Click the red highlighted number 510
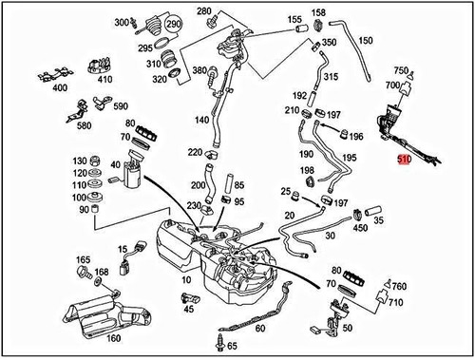pyautogui.click(x=404, y=161)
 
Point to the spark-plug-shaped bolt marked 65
pyautogui.click(x=224, y=341)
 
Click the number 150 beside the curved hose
pyautogui.click(x=366, y=41)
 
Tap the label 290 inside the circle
pyautogui.click(x=173, y=24)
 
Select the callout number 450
pyautogui.click(x=359, y=227)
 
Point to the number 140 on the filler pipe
pyautogui.click(x=200, y=122)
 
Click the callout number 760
pyautogui.click(x=399, y=286)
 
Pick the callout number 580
pyautogui.click(x=84, y=126)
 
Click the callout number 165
pyautogui.click(x=84, y=259)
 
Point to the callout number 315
pyautogui.click(x=332, y=76)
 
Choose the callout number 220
pyautogui.click(x=195, y=152)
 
